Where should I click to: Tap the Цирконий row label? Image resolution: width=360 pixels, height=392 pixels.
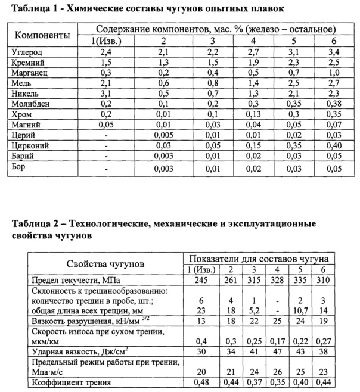30,144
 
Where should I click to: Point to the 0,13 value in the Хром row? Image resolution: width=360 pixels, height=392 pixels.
254,113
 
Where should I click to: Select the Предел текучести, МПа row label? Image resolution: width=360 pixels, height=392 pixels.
73,279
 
